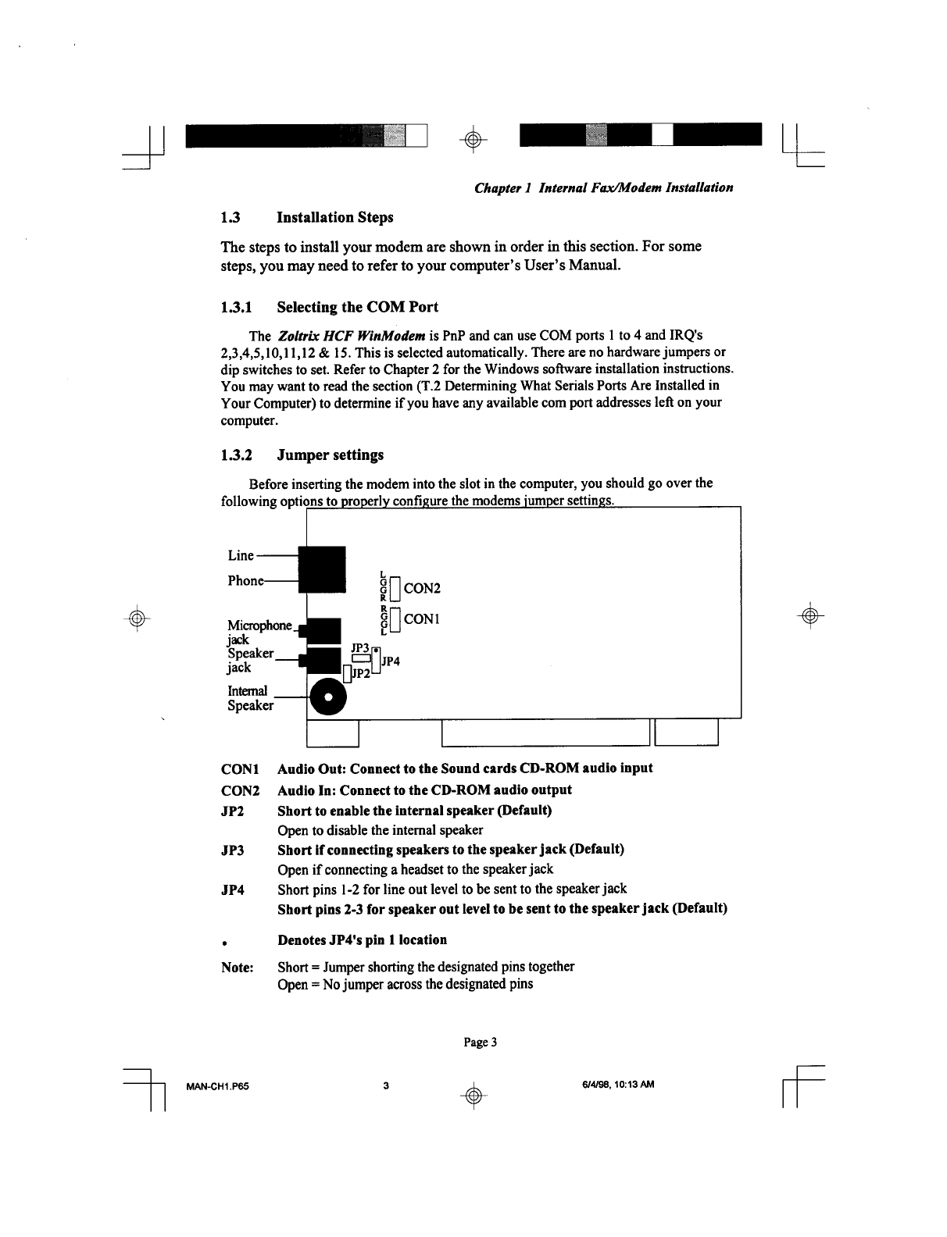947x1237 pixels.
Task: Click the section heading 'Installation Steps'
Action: (x=335, y=217)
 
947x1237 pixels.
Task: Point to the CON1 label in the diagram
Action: (x=423, y=619)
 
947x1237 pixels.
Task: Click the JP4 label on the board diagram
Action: (x=391, y=662)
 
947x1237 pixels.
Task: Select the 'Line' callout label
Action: (x=241, y=556)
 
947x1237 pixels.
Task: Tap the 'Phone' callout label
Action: (x=245, y=581)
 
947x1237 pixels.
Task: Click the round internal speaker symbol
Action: (x=329, y=696)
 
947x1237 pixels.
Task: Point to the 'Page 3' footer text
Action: (x=481, y=1043)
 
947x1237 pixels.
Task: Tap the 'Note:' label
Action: (x=238, y=968)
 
